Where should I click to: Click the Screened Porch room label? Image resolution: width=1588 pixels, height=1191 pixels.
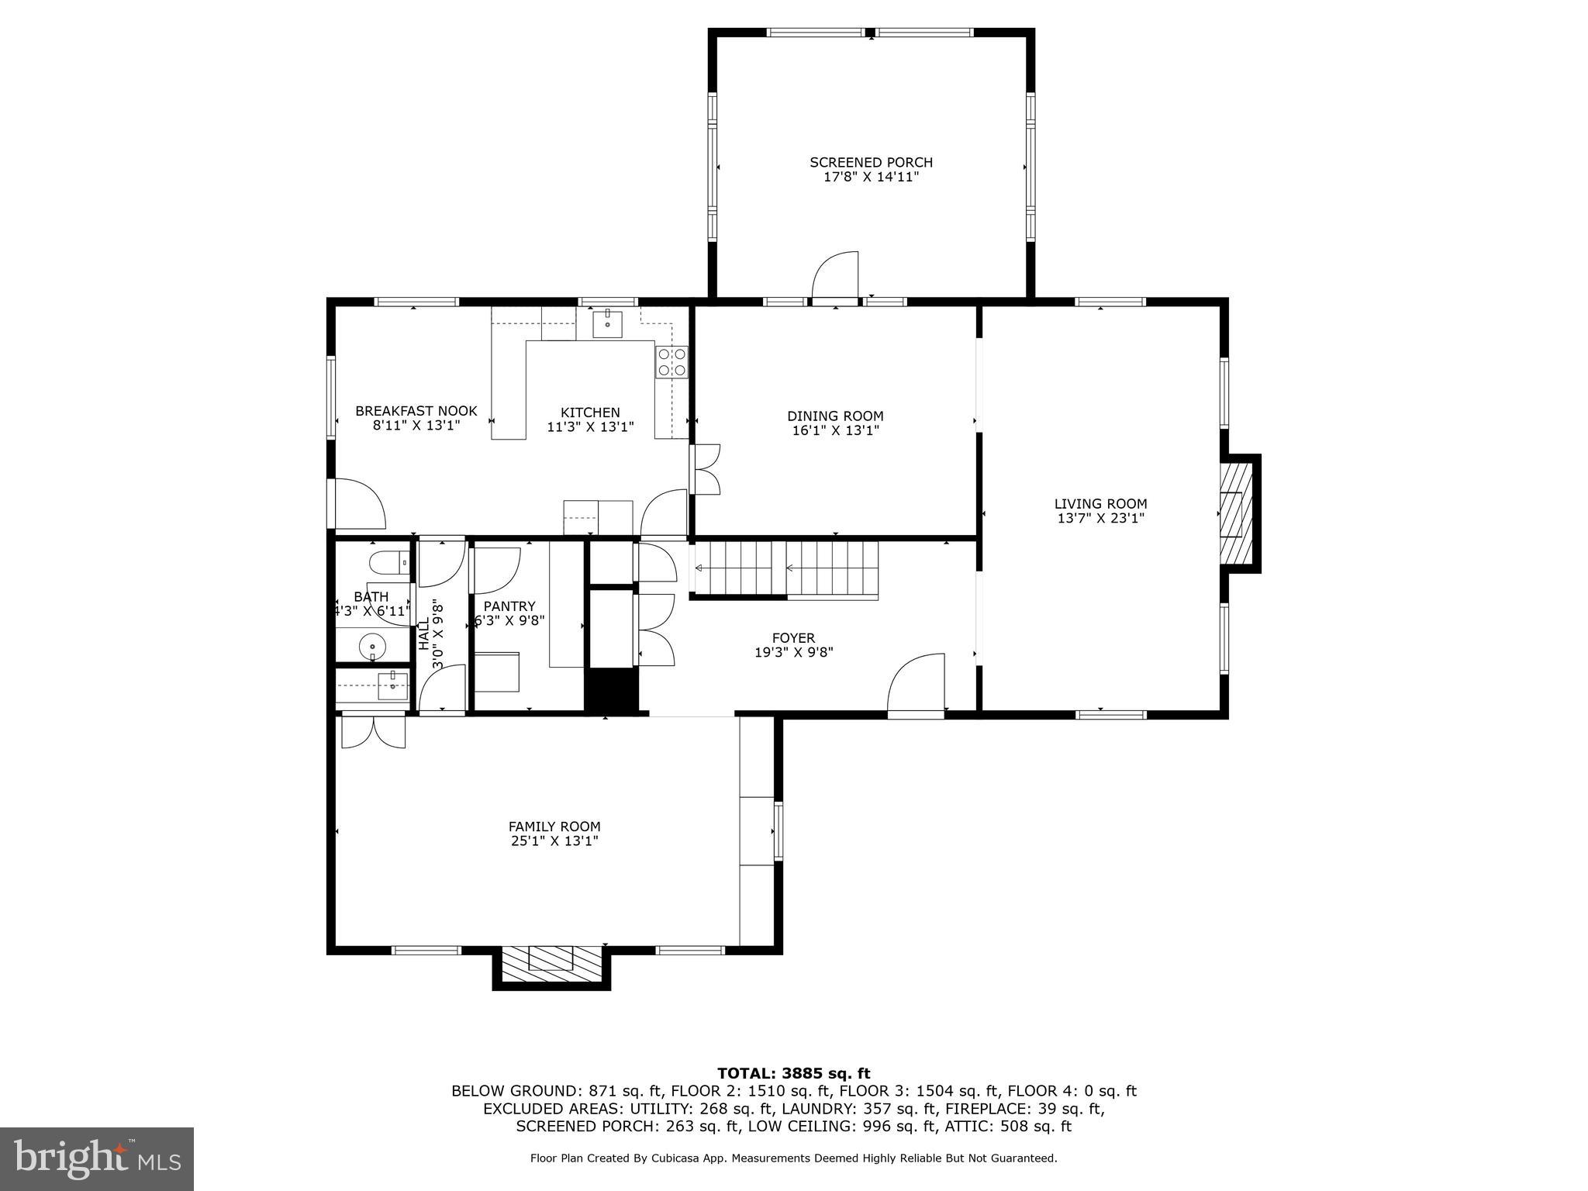point(871,162)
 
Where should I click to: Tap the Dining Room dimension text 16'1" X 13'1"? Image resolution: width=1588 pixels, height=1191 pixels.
point(835,430)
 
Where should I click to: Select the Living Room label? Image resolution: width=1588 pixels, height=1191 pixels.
point(1100,504)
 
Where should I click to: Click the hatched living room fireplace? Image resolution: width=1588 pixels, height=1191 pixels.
point(1236,513)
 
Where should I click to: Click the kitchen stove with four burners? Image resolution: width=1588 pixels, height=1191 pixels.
point(672,362)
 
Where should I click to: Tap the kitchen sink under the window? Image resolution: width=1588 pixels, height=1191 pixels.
point(607,323)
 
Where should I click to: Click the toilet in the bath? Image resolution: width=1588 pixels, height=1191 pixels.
point(388,561)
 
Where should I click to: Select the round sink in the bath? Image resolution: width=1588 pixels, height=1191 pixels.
point(373,645)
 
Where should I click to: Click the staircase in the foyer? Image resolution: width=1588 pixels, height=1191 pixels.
point(785,569)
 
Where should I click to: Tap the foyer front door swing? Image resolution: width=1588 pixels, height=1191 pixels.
point(919,682)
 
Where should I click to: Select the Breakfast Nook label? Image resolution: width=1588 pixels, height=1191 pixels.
point(416,411)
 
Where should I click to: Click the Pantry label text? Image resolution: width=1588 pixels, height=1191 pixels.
point(509,606)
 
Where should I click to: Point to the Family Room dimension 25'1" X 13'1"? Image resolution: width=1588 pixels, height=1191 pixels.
point(554,841)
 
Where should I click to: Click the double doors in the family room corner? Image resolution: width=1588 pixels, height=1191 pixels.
point(374,731)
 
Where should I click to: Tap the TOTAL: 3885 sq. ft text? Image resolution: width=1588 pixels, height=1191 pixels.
point(793,1073)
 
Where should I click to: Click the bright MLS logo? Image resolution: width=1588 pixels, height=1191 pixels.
point(97,1158)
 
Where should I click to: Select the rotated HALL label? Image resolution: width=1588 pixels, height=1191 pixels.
point(424,634)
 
